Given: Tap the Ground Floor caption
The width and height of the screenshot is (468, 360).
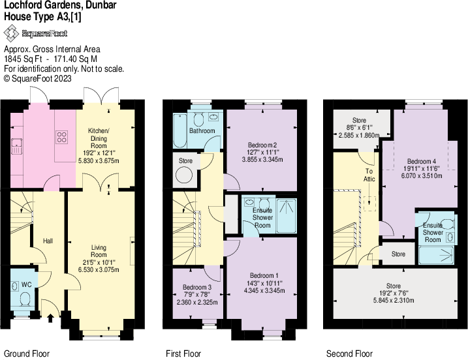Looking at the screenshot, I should [x=26, y=354].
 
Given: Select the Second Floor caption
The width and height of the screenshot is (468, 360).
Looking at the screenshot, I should [x=349, y=354].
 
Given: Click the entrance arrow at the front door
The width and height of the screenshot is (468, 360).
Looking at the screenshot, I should [x=52, y=318].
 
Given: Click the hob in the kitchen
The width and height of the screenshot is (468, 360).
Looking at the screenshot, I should [x=63, y=138].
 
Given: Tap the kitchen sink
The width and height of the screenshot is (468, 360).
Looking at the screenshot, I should [x=18, y=145].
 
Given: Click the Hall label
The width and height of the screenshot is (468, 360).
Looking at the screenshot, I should [x=48, y=241].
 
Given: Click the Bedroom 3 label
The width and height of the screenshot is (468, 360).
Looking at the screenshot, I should [x=196, y=287].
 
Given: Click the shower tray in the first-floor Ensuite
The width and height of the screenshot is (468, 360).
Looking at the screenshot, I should [x=286, y=216].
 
